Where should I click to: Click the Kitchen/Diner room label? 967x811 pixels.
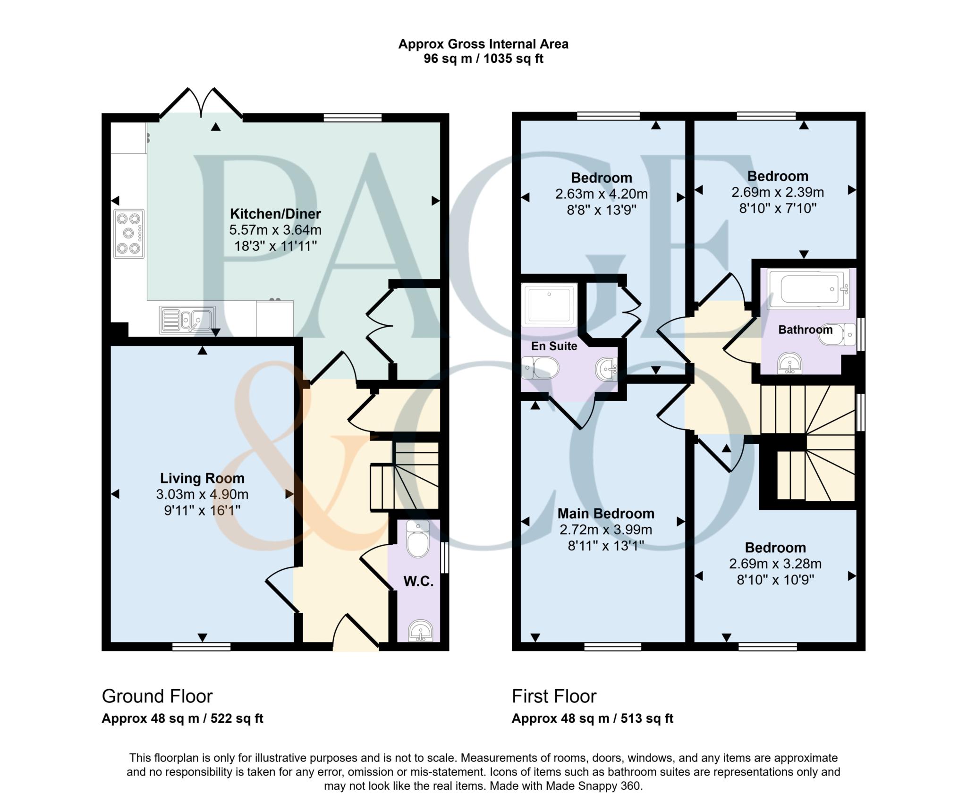(x=275, y=214)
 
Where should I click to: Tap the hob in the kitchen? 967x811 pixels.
(x=129, y=234)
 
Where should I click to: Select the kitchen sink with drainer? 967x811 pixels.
(x=187, y=320)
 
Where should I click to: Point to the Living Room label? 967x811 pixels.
(x=202, y=478)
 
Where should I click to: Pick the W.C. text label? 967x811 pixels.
(x=418, y=581)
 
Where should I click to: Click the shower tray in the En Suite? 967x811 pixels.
(x=549, y=304)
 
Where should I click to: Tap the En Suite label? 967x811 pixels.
(x=554, y=346)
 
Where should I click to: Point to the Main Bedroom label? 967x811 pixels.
(x=606, y=513)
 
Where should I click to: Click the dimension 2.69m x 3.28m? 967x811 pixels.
(x=775, y=564)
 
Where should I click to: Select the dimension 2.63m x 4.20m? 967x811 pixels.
(x=601, y=194)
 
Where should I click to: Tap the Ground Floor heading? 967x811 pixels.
(x=157, y=696)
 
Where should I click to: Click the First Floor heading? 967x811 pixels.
(x=554, y=696)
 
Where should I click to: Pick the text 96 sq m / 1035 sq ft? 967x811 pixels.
(x=483, y=59)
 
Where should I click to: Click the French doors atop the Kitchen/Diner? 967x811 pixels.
(x=202, y=103)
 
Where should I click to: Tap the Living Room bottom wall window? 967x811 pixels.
(x=202, y=646)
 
